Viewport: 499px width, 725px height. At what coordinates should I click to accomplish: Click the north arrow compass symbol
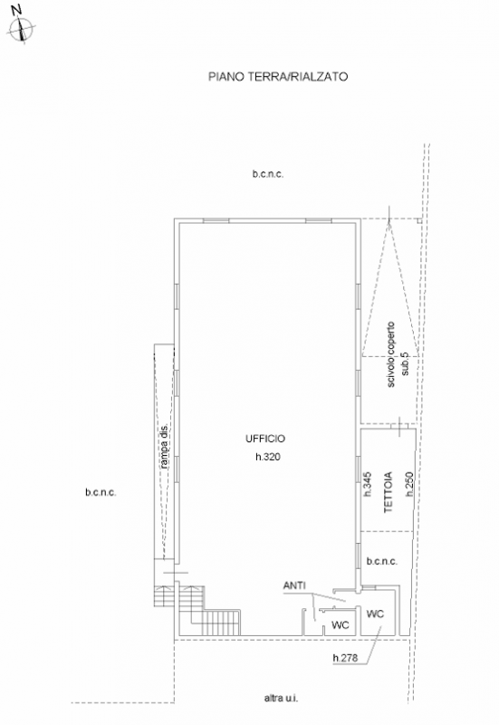[x=22, y=28]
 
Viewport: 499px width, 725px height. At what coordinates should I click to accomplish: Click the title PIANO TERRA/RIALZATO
[x=278, y=76]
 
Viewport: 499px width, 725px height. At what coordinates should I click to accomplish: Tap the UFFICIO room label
[x=265, y=439]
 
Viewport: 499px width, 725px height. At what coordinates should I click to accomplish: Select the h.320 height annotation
[x=268, y=457]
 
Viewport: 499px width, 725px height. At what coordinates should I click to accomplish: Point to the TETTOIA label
[x=389, y=491]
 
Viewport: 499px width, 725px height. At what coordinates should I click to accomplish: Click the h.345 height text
[x=368, y=484]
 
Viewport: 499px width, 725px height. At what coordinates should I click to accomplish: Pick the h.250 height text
[x=409, y=484]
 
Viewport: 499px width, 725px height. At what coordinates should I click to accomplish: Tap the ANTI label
[x=294, y=585]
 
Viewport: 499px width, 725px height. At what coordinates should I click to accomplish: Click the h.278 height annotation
[x=345, y=658]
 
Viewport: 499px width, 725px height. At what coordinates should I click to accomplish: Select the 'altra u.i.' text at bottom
[x=281, y=698]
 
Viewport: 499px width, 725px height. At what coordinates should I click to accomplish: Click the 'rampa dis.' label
[x=164, y=446]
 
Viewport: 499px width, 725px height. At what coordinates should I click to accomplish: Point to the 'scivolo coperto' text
[x=391, y=354]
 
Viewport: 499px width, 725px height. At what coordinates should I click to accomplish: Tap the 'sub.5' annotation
[x=405, y=364]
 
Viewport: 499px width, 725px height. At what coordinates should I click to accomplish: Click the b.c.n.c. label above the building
[x=268, y=174]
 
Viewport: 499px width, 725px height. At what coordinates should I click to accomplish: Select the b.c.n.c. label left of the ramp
[x=101, y=492]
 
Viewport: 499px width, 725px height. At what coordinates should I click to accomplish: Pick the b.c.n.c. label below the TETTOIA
[x=381, y=561]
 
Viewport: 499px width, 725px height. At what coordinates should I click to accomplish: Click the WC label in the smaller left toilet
[x=341, y=625]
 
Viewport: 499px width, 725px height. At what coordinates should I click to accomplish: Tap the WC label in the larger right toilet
[x=375, y=614]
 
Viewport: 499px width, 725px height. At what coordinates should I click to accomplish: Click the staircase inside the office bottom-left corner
[x=210, y=610]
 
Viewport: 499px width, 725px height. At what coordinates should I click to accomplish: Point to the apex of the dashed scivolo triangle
[x=389, y=219]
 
